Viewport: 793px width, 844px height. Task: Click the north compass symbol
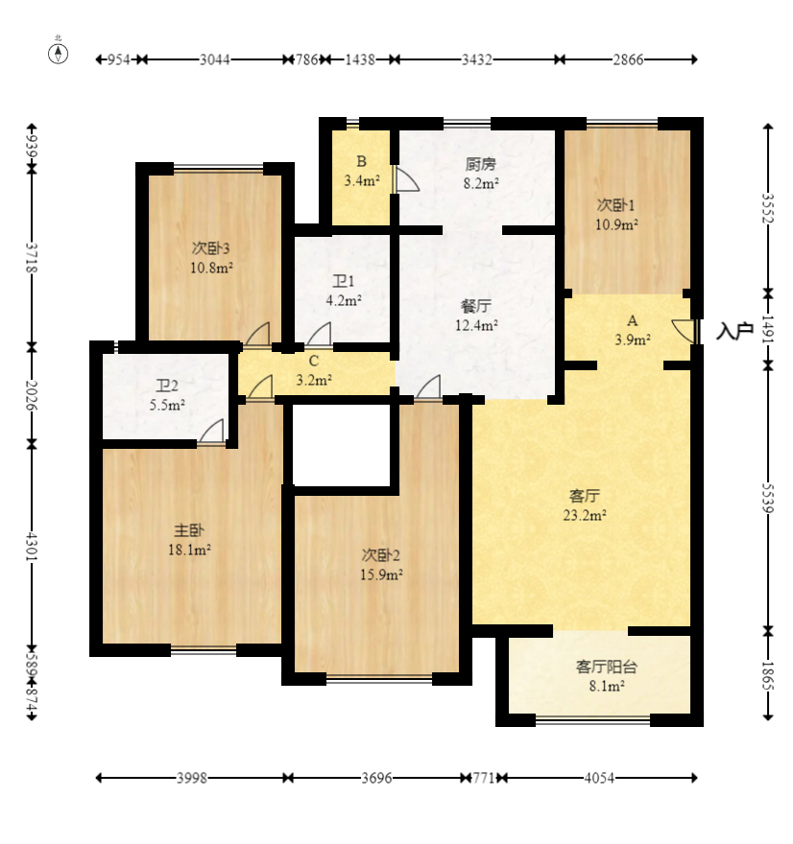pyautogui.click(x=59, y=53)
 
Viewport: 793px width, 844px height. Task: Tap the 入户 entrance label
pyautogui.click(x=734, y=331)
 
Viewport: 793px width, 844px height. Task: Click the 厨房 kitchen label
pyautogui.click(x=481, y=164)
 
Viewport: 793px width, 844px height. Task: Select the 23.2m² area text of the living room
pyautogui.click(x=585, y=515)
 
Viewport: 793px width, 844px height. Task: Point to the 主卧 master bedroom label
pyautogui.click(x=189, y=530)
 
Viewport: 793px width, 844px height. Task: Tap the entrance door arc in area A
pyautogui.click(x=684, y=331)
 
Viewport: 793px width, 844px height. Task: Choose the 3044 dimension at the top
pyautogui.click(x=215, y=59)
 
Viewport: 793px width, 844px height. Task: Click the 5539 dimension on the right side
pyautogui.click(x=768, y=499)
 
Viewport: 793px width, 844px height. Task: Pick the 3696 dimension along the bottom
pyautogui.click(x=376, y=778)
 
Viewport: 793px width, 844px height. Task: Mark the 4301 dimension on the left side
pyautogui.click(x=32, y=547)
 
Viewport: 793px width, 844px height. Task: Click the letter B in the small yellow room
pyautogui.click(x=362, y=161)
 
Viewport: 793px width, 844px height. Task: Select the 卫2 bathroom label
pyautogui.click(x=167, y=386)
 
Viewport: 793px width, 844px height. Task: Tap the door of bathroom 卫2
pyautogui.click(x=212, y=432)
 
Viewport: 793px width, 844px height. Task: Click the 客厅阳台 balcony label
pyautogui.click(x=607, y=667)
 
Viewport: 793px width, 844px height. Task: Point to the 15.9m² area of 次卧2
pyautogui.click(x=381, y=574)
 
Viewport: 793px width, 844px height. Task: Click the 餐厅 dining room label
pyautogui.click(x=475, y=306)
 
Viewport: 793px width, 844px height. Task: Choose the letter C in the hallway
pyautogui.click(x=314, y=361)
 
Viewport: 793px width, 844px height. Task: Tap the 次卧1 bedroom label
pyautogui.click(x=615, y=204)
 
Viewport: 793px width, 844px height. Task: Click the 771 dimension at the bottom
pyautogui.click(x=483, y=778)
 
